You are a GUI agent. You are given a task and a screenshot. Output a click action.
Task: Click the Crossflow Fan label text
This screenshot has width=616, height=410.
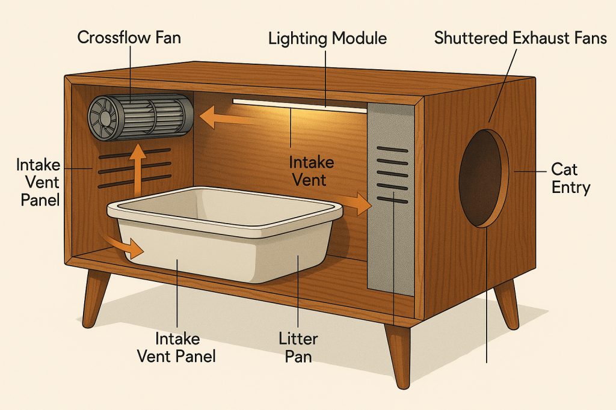tap(129, 38)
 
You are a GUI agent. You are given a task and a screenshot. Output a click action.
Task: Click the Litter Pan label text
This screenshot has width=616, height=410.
tap(299, 347)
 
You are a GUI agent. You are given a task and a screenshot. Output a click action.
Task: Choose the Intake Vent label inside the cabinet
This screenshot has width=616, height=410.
tap(311, 171)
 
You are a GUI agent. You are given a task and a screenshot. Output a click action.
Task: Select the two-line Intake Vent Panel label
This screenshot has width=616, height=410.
tap(177, 347)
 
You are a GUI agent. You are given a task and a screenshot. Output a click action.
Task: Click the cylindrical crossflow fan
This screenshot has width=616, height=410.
tap(140, 117)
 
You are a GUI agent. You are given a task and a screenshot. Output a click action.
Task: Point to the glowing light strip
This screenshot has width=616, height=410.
tap(299, 106)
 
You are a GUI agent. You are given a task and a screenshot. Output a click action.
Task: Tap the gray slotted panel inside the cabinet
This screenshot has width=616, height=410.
tap(390, 198)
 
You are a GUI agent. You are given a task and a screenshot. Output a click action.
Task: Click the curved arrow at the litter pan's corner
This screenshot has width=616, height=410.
tap(125, 245)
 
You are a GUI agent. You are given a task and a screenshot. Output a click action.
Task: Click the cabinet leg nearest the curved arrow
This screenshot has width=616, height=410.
tap(96, 298)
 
